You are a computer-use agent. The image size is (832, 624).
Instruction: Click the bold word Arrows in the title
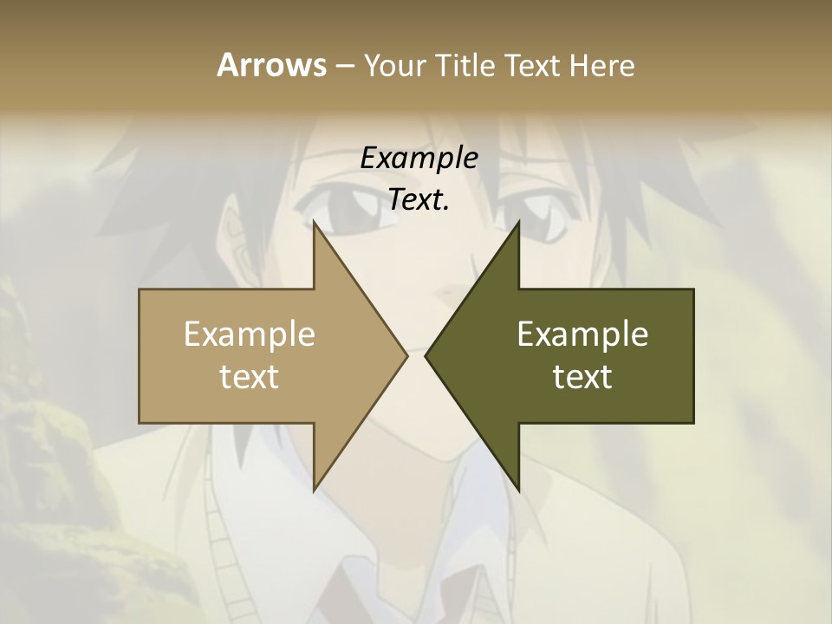271,65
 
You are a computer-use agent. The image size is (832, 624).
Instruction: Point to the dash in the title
344,67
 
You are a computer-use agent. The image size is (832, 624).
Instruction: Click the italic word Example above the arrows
419,158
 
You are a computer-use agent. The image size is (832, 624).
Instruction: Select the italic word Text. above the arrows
419,199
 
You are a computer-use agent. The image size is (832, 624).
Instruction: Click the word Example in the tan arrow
250,334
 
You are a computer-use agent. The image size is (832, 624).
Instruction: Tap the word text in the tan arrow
250,376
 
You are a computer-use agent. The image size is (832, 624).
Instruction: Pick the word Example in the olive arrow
582,334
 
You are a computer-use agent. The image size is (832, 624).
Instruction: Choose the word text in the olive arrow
582,376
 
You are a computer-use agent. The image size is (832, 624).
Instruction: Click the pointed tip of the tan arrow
406,355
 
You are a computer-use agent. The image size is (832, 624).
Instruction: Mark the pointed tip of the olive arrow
426,355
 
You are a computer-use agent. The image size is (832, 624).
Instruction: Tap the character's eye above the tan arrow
347,208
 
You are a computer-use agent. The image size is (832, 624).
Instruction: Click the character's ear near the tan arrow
234,238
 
